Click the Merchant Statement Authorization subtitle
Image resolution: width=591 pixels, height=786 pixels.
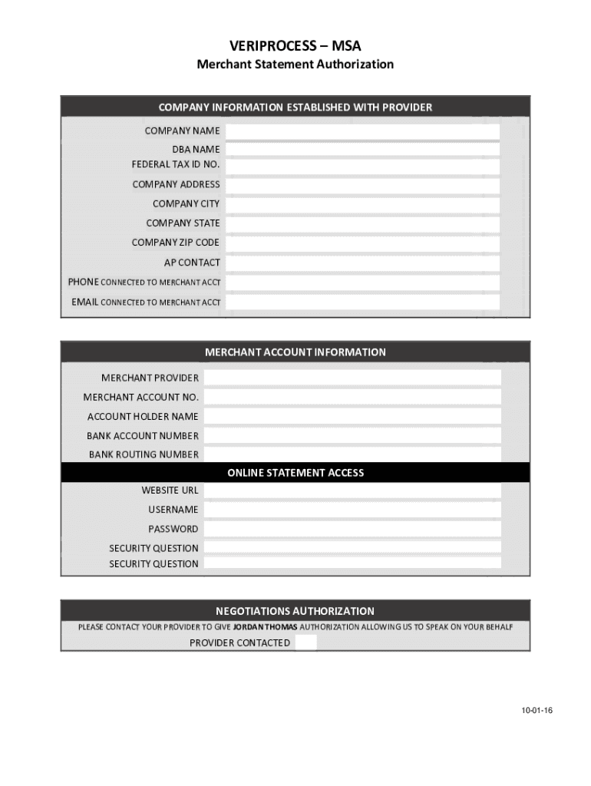(x=295, y=64)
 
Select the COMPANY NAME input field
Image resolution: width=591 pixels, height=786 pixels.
(x=362, y=131)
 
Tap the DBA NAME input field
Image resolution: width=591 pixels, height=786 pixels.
(x=362, y=149)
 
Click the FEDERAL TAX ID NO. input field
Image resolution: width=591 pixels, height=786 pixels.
(x=362, y=166)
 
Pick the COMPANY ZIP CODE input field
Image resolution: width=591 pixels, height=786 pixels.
(x=362, y=243)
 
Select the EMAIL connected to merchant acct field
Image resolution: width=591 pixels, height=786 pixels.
(x=362, y=302)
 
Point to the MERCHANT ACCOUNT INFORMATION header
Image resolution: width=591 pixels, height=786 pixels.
(x=295, y=352)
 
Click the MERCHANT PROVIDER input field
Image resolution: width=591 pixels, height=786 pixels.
(x=352, y=378)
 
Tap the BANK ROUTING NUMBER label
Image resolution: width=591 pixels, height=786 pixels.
(x=144, y=454)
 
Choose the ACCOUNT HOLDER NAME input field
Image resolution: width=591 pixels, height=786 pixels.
(x=352, y=417)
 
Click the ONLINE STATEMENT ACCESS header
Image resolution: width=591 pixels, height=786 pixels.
(x=295, y=473)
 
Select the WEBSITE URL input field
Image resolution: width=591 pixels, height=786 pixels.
(x=352, y=490)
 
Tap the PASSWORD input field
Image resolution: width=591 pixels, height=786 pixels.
(x=352, y=529)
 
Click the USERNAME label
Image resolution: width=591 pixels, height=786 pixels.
(x=173, y=510)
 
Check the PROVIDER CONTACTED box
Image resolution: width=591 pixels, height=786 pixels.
(x=305, y=643)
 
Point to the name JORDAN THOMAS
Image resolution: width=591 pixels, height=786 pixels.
(x=265, y=627)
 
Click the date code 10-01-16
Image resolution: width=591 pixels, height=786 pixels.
(x=537, y=711)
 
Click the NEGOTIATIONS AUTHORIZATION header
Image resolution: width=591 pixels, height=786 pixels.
(x=295, y=611)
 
